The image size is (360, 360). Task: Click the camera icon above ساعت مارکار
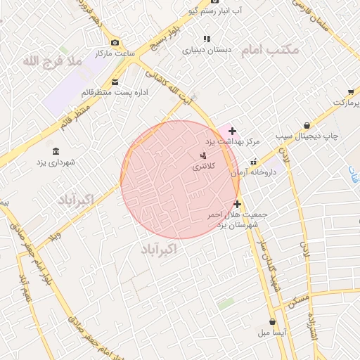coord(115,42)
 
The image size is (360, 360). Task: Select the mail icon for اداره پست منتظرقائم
coord(115,82)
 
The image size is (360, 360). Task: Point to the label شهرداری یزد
coord(56,162)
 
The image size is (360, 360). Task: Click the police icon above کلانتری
coord(204,155)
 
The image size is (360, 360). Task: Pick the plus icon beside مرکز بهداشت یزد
coord(232,131)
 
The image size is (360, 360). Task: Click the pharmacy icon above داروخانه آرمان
coord(256,161)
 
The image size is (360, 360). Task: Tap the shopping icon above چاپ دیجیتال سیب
coord(306,124)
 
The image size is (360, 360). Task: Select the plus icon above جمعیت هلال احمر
coord(237,204)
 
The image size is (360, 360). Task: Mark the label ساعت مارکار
coord(115,53)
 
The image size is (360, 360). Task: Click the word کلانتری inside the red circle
coord(204,167)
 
